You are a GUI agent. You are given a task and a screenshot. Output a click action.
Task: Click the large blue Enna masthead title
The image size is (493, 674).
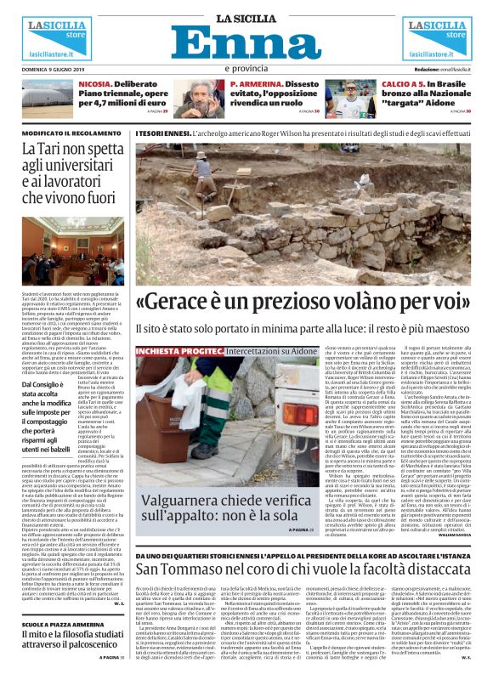pos(246,42)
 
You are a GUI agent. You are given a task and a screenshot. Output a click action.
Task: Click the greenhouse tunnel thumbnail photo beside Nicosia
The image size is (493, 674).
pos(49,98)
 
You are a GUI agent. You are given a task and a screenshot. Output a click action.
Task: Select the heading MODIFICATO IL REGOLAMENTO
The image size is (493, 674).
pos(72,133)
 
